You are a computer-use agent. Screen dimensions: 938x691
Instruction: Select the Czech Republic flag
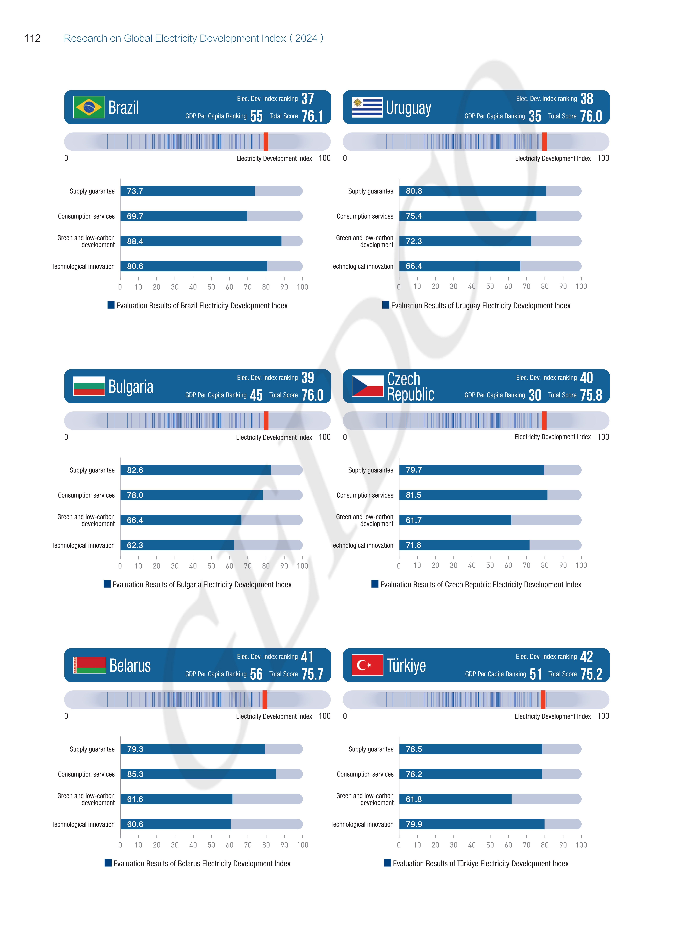tap(367, 386)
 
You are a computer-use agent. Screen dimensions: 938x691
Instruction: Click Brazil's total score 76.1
tap(312, 116)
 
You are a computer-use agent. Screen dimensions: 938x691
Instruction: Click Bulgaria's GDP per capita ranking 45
tap(256, 395)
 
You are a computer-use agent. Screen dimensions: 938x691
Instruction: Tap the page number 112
tap(32, 38)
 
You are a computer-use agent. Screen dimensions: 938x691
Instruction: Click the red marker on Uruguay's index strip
tap(544, 142)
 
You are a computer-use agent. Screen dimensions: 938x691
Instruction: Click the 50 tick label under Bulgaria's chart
tap(211, 566)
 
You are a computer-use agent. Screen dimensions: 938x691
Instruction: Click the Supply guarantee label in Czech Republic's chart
tap(371, 470)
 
